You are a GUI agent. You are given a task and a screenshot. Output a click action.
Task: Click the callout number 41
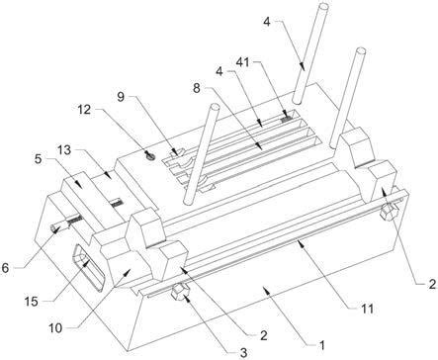click(243, 61)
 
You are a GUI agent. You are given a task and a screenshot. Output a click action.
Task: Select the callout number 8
click(197, 88)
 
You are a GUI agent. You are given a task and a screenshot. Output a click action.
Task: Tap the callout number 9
click(121, 97)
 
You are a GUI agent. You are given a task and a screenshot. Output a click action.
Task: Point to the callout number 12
click(84, 110)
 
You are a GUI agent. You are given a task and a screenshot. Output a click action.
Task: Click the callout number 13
click(64, 150)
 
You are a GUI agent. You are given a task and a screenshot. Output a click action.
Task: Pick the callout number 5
click(39, 159)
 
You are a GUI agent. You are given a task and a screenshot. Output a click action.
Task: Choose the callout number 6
click(5, 268)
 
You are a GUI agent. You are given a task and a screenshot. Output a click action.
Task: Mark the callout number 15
click(32, 301)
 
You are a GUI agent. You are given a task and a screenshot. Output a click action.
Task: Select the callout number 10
click(55, 328)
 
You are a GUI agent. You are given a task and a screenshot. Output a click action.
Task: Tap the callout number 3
click(243, 353)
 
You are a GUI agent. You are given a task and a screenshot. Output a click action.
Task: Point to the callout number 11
click(367, 309)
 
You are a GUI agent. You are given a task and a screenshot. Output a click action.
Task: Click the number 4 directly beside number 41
click(219, 71)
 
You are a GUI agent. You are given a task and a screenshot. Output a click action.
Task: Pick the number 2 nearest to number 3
click(264, 335)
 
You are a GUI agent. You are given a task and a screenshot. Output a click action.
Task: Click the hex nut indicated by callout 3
click(180, 293)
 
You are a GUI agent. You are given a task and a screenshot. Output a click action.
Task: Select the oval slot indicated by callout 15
click(88, 267)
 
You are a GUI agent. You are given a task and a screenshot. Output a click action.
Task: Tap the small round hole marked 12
click(150, 155)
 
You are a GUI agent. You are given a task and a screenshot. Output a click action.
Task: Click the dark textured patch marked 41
click(287, 119)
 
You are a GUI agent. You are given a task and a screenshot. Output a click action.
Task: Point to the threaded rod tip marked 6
click(52, 227)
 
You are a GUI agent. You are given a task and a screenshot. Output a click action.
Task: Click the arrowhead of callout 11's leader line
click(299, 243)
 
